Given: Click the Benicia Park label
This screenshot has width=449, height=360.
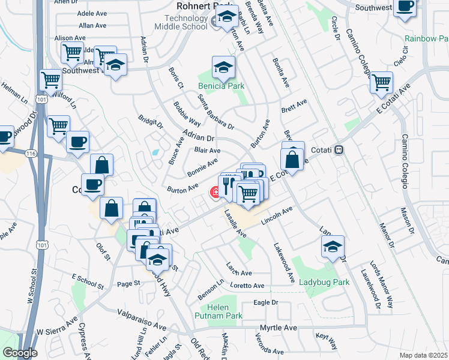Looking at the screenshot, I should click(222, 86).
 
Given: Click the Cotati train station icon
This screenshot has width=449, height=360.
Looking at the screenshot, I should click(339, 149).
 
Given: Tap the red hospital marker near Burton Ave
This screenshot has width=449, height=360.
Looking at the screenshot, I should click(214, 192).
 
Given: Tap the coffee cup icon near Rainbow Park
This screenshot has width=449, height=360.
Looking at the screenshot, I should click(405, 8).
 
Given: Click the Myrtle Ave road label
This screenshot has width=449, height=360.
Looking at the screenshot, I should click(279, 328).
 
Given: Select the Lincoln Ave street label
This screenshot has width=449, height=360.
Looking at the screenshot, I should click(277, 216).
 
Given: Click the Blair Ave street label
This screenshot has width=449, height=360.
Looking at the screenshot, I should click(207, 151).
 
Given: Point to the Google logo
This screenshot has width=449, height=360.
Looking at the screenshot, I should click(20, 352).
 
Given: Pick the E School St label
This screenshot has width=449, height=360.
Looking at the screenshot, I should click(89, 277).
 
